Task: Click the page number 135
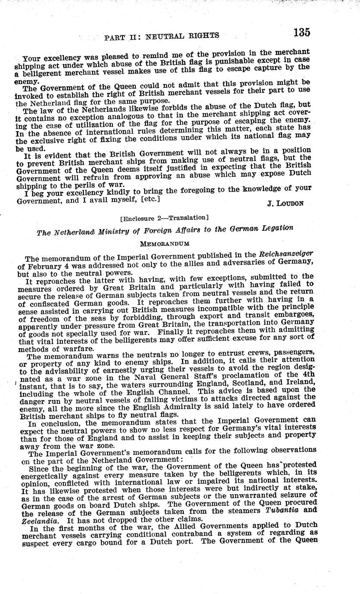tap(302, 32)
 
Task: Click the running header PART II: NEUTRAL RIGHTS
tap(161, 36)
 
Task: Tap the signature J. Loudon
tap(286, 203)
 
